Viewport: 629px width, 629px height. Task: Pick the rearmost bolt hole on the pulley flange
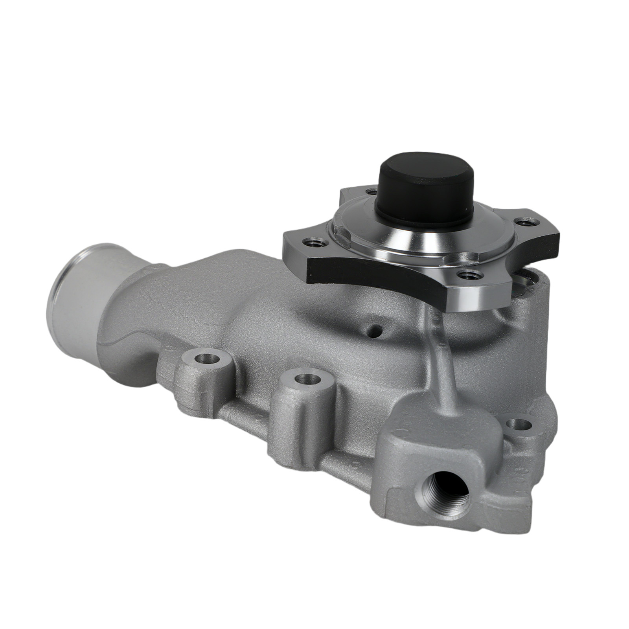click(371, 192)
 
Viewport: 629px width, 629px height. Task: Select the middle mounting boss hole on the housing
click(308, 379)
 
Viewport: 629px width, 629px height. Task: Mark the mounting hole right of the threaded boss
click(518, 425)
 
